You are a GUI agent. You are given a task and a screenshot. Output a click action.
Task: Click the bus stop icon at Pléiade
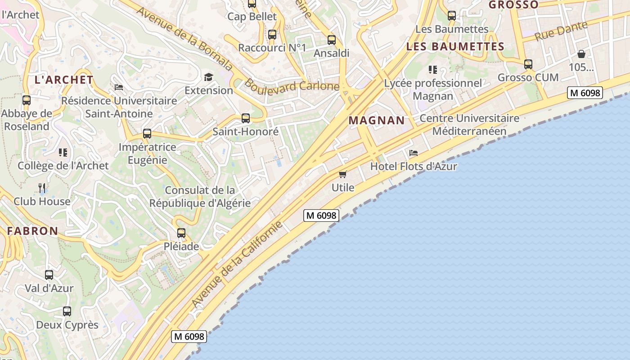click(181, 233)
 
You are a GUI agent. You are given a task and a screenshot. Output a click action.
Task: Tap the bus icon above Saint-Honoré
click(246, 118)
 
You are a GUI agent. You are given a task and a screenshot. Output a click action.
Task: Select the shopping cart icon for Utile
click(343, 174)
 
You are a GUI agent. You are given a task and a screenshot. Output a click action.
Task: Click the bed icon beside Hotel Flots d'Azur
click(414, 153)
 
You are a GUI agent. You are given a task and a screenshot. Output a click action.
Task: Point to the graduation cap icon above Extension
click(208, 77)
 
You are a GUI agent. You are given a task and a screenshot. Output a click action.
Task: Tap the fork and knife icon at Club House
click(42, 187)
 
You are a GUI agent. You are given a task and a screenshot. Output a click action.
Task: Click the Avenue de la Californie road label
click(237, 264)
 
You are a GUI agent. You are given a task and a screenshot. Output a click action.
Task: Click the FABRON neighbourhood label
click(32, 231)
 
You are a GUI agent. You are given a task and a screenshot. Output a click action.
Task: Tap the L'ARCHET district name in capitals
click(64, 80)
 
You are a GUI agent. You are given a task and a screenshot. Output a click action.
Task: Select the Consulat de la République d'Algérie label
click(200, 197)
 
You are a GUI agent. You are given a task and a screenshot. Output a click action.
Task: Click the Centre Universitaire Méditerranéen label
click(469, 125)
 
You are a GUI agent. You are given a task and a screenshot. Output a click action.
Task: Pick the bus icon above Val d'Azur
click(49, 274)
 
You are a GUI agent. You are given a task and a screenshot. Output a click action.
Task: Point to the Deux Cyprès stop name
click(67, 324)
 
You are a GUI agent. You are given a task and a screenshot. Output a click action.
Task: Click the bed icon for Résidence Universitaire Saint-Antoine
click(119, 87)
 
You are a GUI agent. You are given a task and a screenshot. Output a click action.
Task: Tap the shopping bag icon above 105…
click(581, 54)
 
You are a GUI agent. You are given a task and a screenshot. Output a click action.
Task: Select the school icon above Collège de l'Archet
click(63, 152)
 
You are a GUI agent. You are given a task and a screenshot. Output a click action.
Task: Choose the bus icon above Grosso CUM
click(528, 64)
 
